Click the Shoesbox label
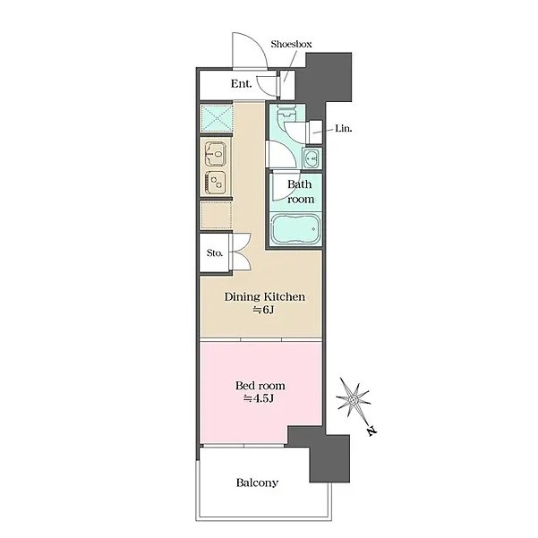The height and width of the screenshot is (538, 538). click(x=291, y=44)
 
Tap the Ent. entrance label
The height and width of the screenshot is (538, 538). click(x=241, y=83)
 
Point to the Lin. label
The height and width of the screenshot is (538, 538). click(x=344, y=129)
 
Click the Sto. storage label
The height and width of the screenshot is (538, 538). click(x=215, y=252)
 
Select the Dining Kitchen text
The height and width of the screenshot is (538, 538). click(x=265, y=296)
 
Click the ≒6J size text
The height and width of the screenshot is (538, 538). click(x=264, y=310)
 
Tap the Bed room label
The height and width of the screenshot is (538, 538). click(x=260, y=385)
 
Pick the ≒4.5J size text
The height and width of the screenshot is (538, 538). click(x=259, y=398)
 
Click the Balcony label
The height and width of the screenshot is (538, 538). click(x=257, y=482)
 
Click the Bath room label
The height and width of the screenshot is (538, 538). click(x=301, y=192)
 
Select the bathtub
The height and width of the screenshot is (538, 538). click(x=295, y=229)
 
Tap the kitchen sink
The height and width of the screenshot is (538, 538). click(x=216, y=154)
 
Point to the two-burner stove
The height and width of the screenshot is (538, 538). click(x=216, y=183)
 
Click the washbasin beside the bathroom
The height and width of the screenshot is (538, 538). click(x=312, y=158)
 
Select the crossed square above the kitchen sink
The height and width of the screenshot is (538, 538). click(x=217, y=118)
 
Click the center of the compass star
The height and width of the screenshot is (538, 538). click(x=353, y=400)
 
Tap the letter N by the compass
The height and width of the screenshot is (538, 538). click(x=371, y=431)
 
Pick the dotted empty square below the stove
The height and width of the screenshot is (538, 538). click(x=216, y=215)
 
